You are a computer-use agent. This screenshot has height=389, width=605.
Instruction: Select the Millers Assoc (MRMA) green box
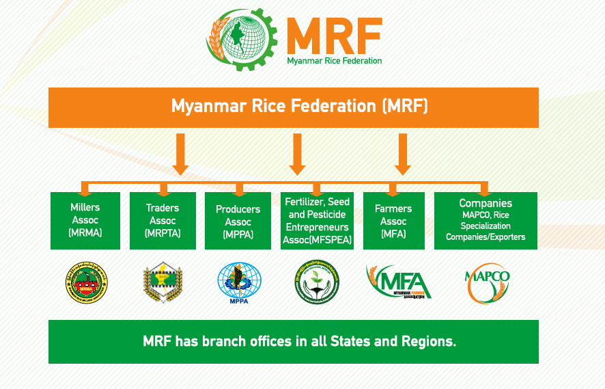click(85, 220)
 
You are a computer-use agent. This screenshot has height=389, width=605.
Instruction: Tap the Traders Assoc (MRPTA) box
click(163, 220)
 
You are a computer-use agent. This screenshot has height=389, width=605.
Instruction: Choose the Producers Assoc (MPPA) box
click(238, 220)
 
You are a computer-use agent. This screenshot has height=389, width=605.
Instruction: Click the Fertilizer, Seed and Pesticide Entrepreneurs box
click(318, 220)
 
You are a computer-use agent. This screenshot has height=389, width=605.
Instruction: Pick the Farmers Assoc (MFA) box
click(393, 220)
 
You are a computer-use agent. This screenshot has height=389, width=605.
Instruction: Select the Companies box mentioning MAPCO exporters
click(486, 220)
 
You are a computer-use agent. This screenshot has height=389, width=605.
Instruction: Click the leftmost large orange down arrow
click(181, 155)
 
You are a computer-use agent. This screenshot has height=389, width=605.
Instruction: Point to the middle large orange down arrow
click(297, 155)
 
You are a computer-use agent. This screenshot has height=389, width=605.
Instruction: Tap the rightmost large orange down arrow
click(403, 155)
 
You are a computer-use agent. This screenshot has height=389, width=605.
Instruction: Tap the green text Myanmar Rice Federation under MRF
click(334, 61)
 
